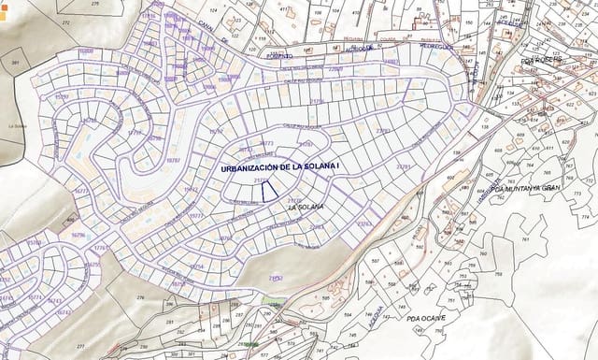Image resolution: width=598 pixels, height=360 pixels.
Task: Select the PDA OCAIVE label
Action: [426, 319]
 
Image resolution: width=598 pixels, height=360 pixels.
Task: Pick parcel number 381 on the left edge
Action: [15, 63]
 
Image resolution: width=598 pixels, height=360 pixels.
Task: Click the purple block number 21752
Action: [276, 278]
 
